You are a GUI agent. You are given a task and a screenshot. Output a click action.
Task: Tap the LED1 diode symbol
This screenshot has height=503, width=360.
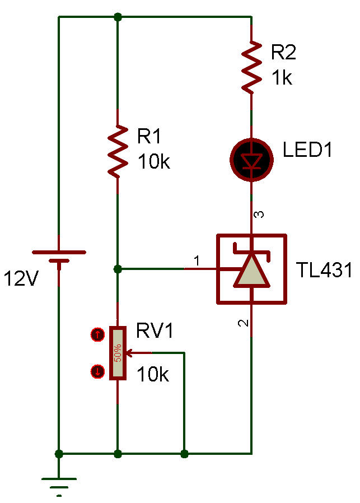[x=251, y=160]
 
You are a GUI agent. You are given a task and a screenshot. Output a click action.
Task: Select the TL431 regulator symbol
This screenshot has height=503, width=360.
[x=251, y=269]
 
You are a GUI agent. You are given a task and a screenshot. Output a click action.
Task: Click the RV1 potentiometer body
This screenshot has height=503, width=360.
[x=118, y=353]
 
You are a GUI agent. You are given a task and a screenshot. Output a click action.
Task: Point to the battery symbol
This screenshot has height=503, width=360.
[x=59, y=258]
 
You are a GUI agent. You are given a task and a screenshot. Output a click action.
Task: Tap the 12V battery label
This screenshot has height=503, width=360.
[x=21, y=278]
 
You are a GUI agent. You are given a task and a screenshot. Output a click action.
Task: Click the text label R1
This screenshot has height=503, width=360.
[x=149, y=136]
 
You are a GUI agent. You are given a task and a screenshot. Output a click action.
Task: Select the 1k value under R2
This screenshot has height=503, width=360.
[x=282, y=78]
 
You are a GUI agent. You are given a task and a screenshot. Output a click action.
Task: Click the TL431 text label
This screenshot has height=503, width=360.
[x=325, y=271]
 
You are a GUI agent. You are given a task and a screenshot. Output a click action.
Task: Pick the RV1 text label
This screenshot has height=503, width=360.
[x=155, y=331]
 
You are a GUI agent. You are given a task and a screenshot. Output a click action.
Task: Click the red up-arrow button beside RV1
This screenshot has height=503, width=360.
[x=97, y=335]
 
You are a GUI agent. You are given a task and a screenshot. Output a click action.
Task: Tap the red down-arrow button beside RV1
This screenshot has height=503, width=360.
[x=97, y=371]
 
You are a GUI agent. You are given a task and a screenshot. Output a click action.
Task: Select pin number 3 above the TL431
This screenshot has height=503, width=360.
[x=258, y=215]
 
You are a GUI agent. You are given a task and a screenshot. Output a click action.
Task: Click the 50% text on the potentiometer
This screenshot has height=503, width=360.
[x=118, y=353]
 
